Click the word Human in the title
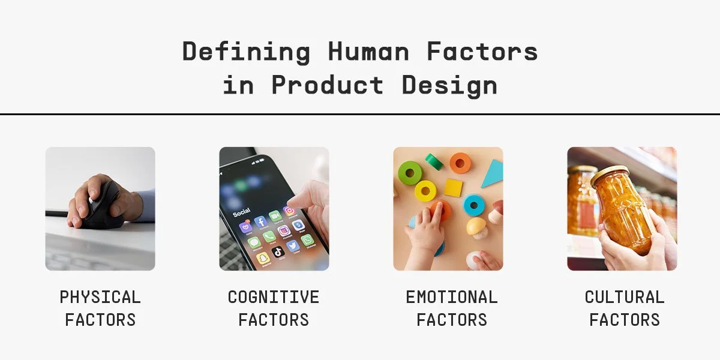pos(368,52)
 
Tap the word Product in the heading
pos(327,85)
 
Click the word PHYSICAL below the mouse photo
pos(100,297)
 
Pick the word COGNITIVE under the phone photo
pos(274,297)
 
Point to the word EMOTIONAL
pos(452,297)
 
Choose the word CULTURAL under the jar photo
pos(625,297)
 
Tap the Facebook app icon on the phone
pos(261,223)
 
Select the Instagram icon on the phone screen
pos(289,211)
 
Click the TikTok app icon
pos(278,252)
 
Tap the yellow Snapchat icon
pos(263,259)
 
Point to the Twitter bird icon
pos(293,245)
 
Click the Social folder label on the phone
pos(241,212)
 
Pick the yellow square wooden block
pos(453,188)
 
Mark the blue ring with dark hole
pos(474,205)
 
